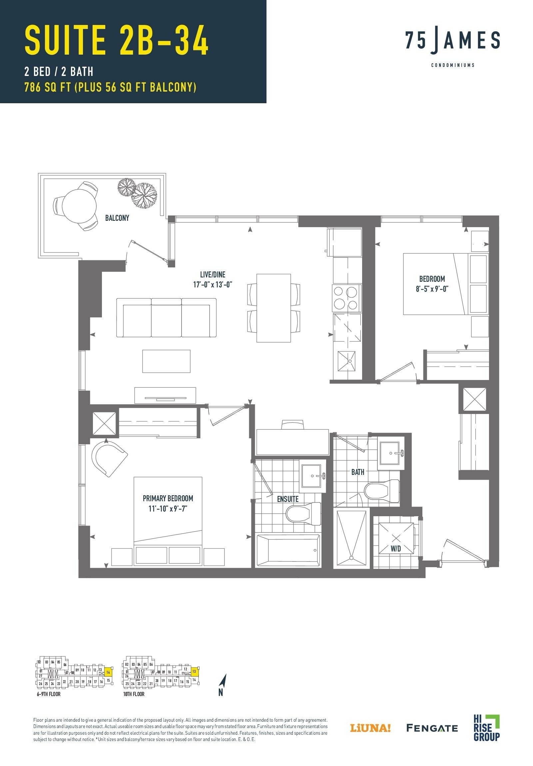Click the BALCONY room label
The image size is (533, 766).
pyautogui.click(x=117, y=218)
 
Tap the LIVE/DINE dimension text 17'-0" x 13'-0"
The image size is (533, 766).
pyautogui.click(x=213, y=284)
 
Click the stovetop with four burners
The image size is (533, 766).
pyautogui.click(x=347, y=298)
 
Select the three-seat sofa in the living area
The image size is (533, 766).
pyautogui.click(x=166, y=318)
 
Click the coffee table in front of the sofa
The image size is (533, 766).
pyautogui.click(x=166, y=361)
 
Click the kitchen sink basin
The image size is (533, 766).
pyautogui.click(x=347, y=361)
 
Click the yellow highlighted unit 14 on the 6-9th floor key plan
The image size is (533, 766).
pyautogui.click(x=108, y=672)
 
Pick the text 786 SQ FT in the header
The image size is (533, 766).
pyautogui.click(x=47, y=87)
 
